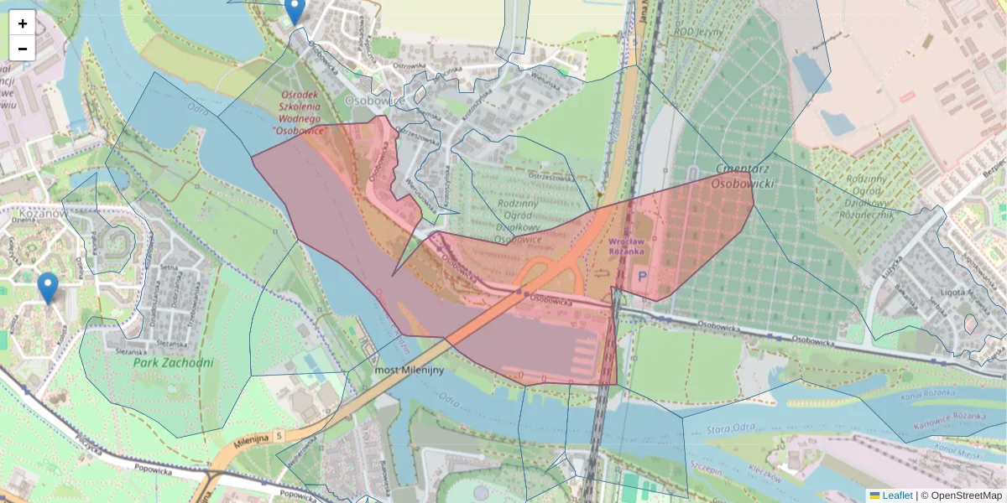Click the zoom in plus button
(23, 23)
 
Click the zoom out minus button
(23, 48)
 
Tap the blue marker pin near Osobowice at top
(294, 10)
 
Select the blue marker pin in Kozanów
(48, 288)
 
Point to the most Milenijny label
(409, 370)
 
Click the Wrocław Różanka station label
(626, 246)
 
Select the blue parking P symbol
(643, 276)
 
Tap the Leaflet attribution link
(896, 495)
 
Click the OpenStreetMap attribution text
(966, 495)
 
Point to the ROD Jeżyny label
(697, 33)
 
